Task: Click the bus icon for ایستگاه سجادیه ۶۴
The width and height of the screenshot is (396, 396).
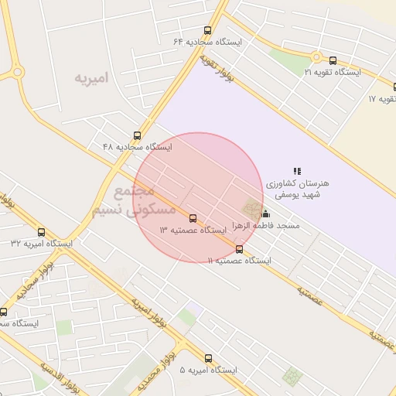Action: [x=208, y=30]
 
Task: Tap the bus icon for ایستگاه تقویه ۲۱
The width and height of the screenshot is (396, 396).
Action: [x=333, y=60]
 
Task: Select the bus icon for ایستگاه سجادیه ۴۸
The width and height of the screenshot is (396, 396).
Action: [x=138, y=135]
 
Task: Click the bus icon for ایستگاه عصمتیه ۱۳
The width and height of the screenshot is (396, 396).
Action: [x=193, y=219]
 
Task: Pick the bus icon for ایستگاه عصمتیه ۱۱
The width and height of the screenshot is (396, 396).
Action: [x=239, y=249]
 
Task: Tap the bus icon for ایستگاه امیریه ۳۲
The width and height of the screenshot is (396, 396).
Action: [x=41, y=232]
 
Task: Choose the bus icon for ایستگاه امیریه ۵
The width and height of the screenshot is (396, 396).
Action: [x=208, y=358]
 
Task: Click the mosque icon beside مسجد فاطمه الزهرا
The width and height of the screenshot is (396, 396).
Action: [x=266, y=214]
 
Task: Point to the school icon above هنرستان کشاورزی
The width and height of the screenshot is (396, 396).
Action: [x=297, y=170]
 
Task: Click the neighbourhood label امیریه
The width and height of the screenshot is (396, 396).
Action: [x=92, y=79]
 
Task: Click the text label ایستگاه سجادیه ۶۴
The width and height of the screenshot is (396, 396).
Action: [x=207, y=42]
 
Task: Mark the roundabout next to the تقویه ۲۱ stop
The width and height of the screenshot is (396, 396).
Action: [x=315, y=56]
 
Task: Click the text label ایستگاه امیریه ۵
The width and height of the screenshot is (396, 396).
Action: [x=207, y=370]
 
